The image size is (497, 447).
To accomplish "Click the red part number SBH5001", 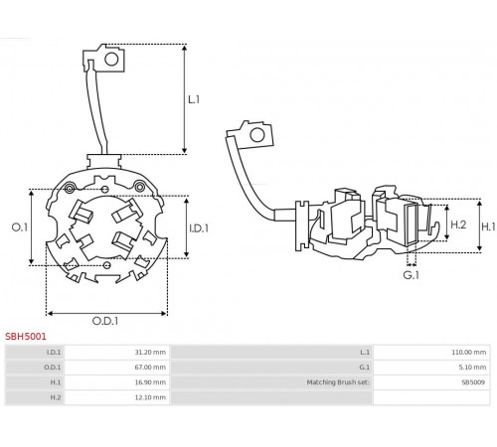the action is point(26,337).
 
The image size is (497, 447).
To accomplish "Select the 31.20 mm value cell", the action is point(150,352).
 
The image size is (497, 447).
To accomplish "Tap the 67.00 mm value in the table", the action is point(150,368).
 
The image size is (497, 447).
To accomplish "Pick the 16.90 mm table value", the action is point(150,382).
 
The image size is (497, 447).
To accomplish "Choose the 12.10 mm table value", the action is point(150,397).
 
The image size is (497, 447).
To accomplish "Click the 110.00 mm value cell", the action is point(469,352).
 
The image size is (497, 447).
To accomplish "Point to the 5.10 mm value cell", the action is point(472,368).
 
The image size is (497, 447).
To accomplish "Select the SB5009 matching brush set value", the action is point(473,382).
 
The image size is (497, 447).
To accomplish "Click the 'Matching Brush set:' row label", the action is point(338,382).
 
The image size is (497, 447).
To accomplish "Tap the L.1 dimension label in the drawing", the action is point(194,99).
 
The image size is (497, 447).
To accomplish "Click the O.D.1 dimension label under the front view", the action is point(105,321).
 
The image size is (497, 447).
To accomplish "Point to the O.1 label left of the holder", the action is point(20,227).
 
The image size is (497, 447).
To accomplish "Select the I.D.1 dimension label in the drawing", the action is point(199,228).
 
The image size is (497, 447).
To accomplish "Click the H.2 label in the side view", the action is point(458,224).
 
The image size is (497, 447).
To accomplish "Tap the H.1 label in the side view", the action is point(488,226).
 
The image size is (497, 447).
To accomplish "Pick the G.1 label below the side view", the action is point(412,275).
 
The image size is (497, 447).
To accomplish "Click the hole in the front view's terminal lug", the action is point(111,59).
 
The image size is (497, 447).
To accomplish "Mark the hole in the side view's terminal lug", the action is point(257,135).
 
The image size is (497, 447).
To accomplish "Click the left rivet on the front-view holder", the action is point(70,189).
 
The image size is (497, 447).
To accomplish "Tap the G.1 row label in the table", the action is point(364,368).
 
